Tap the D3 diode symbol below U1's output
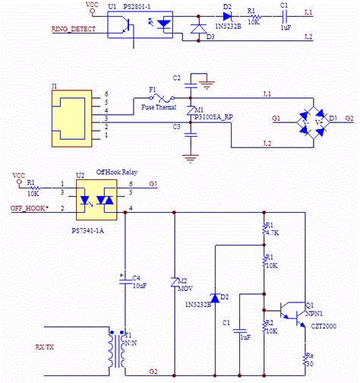[198, 28]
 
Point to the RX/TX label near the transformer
[45, 347]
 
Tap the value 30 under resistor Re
[308, 362]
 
